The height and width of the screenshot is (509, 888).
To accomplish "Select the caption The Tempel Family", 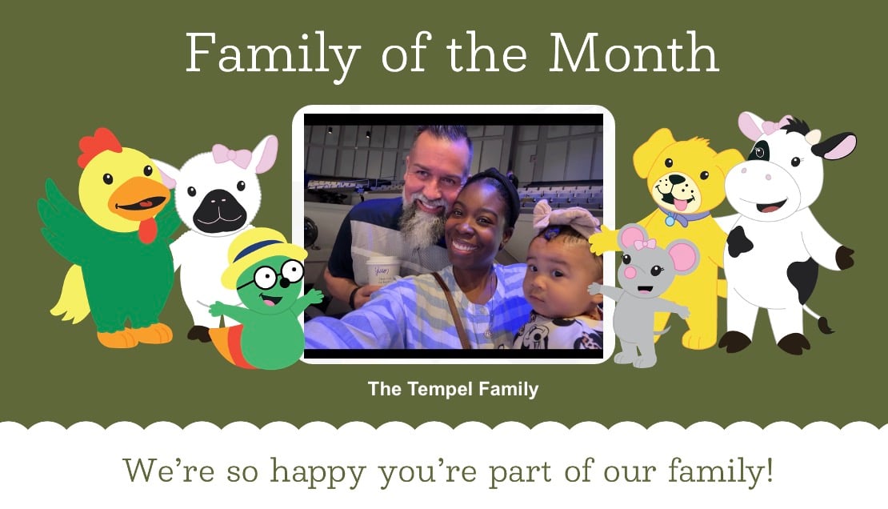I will click(453, 390).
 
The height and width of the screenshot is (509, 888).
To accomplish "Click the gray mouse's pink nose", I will click(630, 272).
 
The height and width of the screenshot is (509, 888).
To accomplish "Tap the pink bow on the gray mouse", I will click(644, 242).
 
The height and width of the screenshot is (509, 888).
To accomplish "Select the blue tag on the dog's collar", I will click(670, 220).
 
